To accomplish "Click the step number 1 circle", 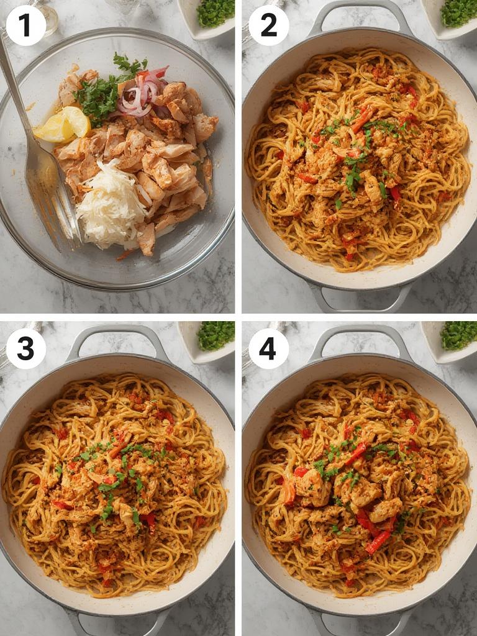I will [25, 25].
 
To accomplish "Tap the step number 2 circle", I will [268, 25].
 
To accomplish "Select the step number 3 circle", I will [25, 348].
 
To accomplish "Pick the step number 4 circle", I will [268, 348].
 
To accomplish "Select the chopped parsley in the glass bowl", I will [99, 93].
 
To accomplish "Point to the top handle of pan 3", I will [118, 338].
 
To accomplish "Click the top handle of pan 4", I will [360, 338].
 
